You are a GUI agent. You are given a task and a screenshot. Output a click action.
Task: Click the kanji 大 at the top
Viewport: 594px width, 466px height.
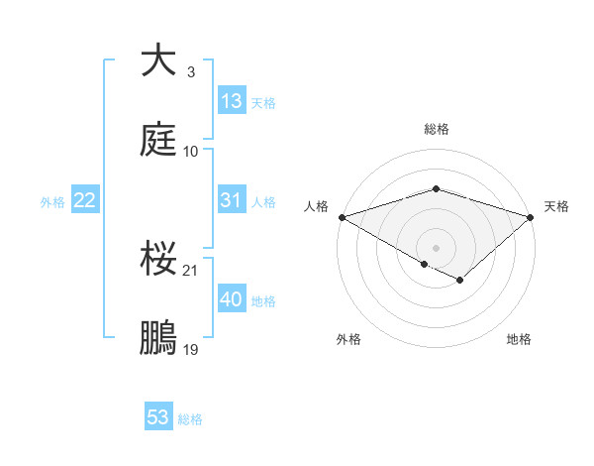159,60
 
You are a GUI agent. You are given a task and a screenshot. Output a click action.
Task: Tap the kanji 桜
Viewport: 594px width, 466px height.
159,260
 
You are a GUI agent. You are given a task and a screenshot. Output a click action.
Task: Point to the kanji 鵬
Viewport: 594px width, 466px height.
159,338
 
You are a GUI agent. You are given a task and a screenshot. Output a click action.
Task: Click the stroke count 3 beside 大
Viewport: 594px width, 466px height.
190,72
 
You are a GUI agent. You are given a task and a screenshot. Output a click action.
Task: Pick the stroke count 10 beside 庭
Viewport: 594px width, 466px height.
191,152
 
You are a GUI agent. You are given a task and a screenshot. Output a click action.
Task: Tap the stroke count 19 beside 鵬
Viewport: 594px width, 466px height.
192,350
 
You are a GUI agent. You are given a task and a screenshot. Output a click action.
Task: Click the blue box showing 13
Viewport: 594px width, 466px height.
232,101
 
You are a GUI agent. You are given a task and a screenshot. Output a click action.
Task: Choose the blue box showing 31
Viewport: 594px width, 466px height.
232,200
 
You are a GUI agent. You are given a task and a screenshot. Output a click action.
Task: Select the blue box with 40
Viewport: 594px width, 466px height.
232,299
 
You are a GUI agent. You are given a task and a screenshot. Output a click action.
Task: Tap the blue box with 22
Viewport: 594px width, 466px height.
85,200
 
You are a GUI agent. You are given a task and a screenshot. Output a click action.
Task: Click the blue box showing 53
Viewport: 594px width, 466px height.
158,417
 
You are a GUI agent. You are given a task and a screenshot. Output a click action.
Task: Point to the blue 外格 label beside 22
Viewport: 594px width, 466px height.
52,202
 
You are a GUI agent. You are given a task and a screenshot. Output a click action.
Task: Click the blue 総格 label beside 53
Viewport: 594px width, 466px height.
190,419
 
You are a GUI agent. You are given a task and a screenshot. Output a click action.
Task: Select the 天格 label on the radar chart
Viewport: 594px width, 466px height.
556,206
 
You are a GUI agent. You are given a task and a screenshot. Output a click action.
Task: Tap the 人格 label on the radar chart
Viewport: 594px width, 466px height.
316,206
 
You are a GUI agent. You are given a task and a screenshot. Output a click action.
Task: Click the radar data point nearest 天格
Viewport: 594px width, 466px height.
531,216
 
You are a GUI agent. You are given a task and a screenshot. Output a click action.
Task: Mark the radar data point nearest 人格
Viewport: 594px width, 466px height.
342,216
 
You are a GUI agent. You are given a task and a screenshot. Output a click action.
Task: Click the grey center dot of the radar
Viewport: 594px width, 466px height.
436,247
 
